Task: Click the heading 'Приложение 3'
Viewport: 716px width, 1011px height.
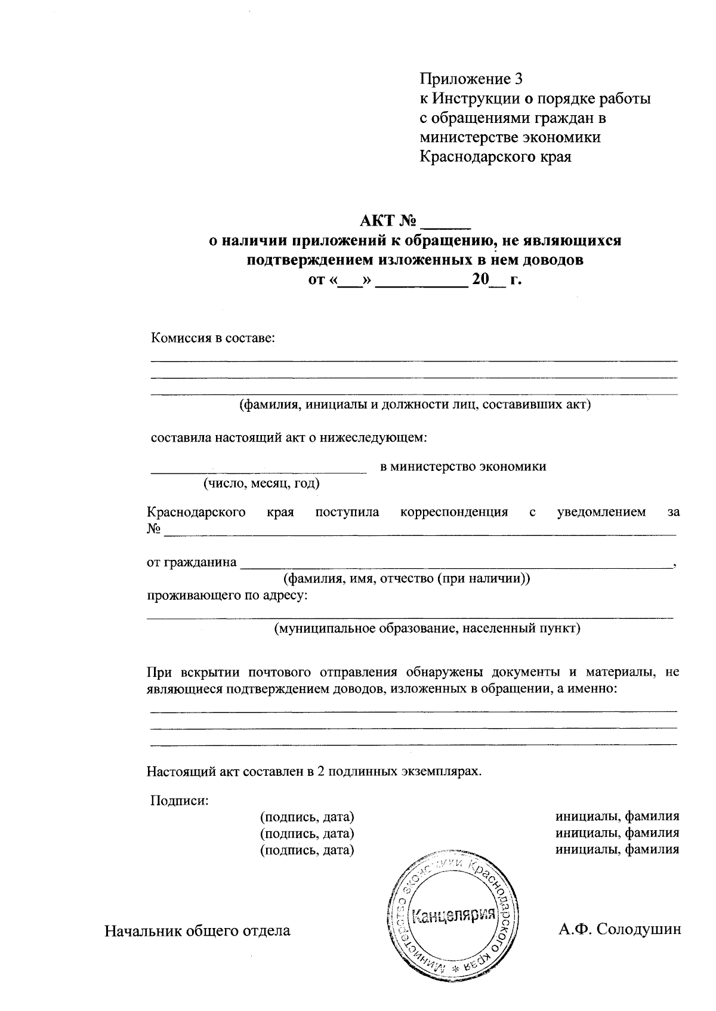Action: point(471,79)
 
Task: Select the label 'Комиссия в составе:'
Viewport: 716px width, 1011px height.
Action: point(213,338)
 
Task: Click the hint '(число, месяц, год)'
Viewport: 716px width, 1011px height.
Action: point(261,483)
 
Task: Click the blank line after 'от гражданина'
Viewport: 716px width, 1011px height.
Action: point(456,564)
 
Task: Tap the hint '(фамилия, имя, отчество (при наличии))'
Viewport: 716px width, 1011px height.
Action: point(406,578)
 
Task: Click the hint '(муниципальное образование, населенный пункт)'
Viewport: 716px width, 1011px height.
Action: point(427,628)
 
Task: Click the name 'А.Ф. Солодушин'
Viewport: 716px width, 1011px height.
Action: point(619,930)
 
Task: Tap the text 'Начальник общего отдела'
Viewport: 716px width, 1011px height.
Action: point(197,930)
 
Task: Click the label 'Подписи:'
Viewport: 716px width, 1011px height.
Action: point(180,800)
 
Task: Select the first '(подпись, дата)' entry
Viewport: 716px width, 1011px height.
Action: point(307,816)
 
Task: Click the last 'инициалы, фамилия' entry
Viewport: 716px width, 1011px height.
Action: point(617,849)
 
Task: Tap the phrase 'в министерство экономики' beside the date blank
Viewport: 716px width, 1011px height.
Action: point(463,467)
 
